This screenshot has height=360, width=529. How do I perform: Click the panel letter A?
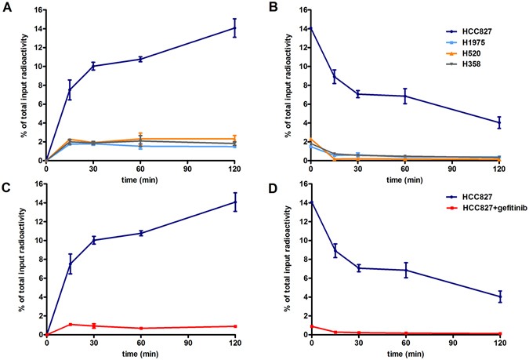click(x=6, y=8)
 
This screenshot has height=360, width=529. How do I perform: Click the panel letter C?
click(x=6, y=185)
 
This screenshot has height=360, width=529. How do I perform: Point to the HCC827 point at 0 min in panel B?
click(x=311, y=27)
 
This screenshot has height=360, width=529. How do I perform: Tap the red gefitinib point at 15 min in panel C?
click(x=70, y=324)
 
